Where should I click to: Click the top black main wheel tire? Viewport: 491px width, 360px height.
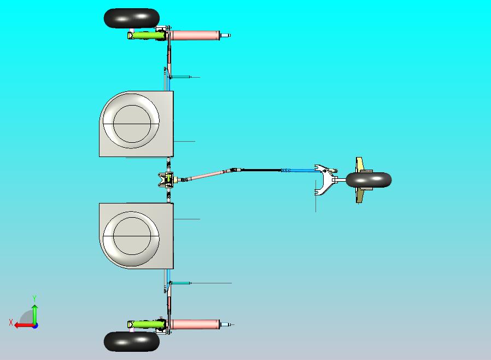132,18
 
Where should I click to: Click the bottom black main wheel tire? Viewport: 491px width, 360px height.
132,341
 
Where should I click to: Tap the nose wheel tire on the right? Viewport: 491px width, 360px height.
369,180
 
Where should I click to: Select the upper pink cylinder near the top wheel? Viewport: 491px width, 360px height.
195,36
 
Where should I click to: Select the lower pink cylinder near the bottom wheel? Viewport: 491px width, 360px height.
195,324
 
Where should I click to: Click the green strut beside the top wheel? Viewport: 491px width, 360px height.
146,35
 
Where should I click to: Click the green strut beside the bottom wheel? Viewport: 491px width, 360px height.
146,324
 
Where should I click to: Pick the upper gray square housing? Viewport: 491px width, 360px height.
136,124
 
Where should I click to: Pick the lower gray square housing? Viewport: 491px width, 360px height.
136,236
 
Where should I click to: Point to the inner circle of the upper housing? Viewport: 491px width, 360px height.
132,105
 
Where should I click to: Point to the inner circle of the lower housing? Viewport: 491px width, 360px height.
132,217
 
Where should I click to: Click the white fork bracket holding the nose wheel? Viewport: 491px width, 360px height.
326,179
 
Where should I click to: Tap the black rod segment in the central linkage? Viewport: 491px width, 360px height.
261,170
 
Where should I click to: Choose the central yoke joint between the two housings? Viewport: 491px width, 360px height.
166,179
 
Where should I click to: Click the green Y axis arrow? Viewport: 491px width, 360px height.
35,315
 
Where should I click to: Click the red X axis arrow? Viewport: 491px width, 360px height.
25,326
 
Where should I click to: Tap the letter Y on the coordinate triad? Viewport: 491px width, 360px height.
34,298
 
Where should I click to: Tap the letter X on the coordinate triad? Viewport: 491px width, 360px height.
11,322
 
